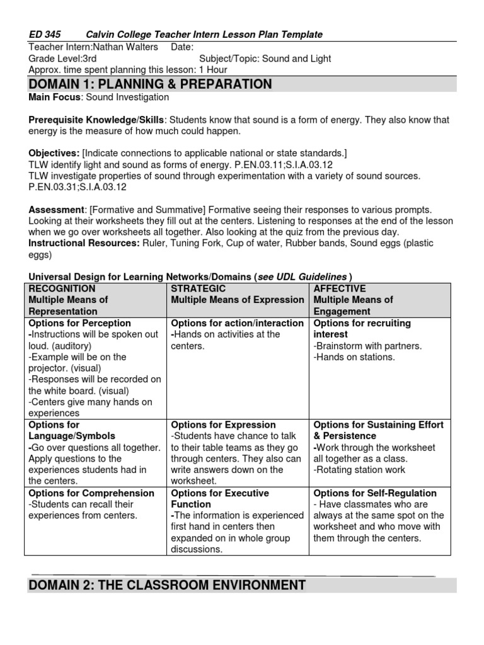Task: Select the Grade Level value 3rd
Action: pyautogui.click(x=90, y=59)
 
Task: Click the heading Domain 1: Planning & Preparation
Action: pyautogui.click(x=151, y=84)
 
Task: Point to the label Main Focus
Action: pyautogui.click(x=55, y=97)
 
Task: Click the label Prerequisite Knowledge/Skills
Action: pyautogui.click(x=96, y=120)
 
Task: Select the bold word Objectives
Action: pyautogui.click(x=54, y=153)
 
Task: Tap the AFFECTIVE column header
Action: pyautogui.click(x=339, y=288)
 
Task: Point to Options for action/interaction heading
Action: pyautogui.click(x=237, y=323)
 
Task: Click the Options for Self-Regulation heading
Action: pyautogui.click(x=375, y=493)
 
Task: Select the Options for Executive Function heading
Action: pyautogui.click(x=220, y=499)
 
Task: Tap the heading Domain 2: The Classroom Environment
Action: pyautogui.click(x=167, y=585)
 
